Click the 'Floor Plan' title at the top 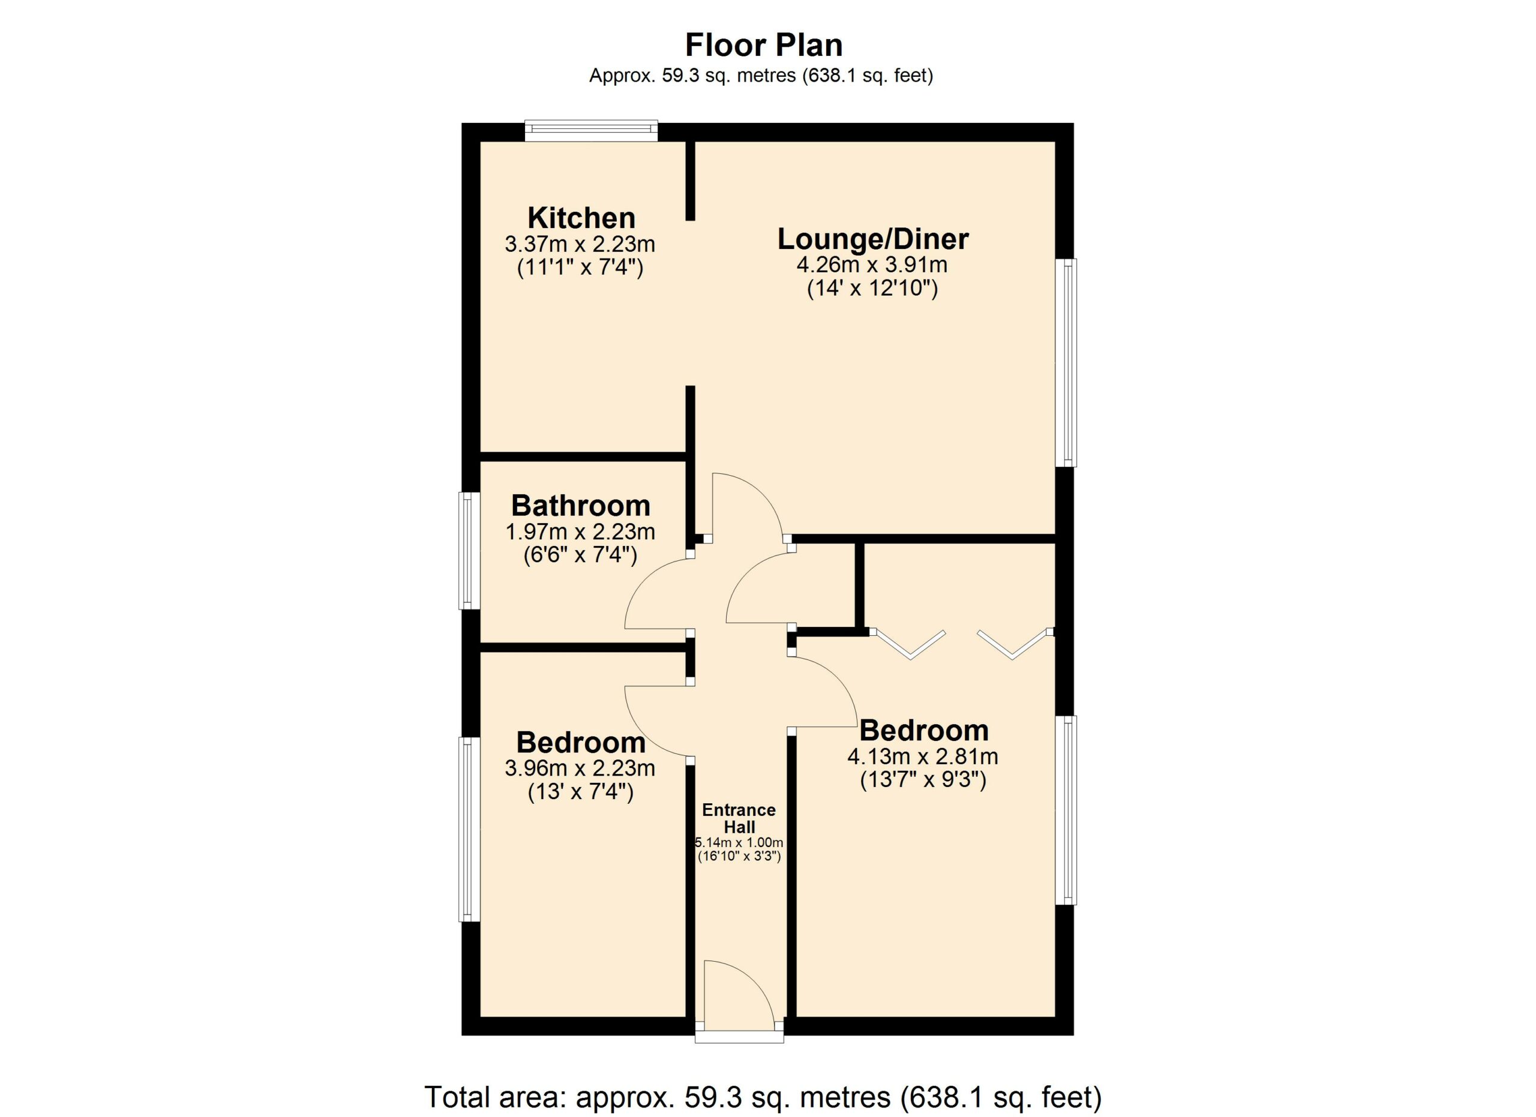point(764,46)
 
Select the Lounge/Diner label point(873,239)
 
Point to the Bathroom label point(581,506)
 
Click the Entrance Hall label point(739,818)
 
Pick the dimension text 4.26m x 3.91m point(872,264)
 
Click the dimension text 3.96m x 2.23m point(580,768)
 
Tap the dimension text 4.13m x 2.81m point(923,756)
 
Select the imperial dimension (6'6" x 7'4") point(580,555)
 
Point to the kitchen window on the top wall point(591,131)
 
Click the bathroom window point(470,550)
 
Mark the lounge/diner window point(1066,363)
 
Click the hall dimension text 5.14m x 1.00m point(739,843)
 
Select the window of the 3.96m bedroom point(470,829)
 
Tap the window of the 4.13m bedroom point(1066,810)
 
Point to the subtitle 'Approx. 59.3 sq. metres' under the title point(761,76)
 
